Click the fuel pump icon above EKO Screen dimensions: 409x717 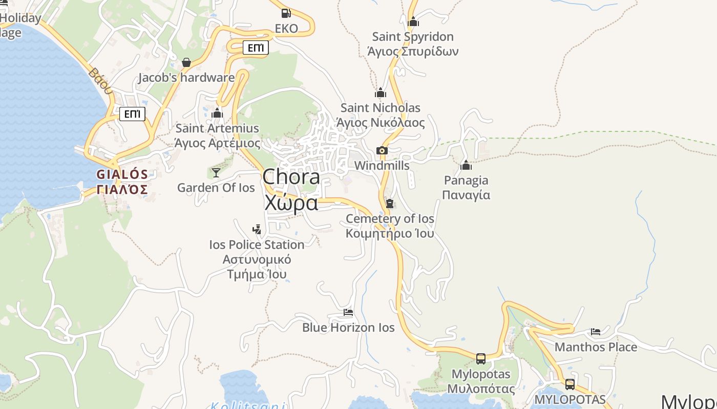286,13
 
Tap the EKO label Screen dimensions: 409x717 286,29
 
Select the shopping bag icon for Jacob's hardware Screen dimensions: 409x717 186,62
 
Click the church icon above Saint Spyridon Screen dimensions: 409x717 413,21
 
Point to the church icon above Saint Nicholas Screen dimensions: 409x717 381,93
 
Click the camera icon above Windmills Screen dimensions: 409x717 382,150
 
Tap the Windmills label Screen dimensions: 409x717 382,166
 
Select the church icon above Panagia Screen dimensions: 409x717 466,165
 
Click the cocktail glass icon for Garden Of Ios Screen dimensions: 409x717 216,172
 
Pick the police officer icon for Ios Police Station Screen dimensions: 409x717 257,230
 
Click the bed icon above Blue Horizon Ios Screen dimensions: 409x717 348,312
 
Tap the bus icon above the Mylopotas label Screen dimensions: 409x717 481,359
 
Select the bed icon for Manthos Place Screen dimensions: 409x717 596,332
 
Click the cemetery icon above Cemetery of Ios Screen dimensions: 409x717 390,203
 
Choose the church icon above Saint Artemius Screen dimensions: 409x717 217,113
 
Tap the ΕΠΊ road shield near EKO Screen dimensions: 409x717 256,48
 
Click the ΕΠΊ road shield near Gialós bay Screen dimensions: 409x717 133,113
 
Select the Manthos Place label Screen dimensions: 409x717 596,347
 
